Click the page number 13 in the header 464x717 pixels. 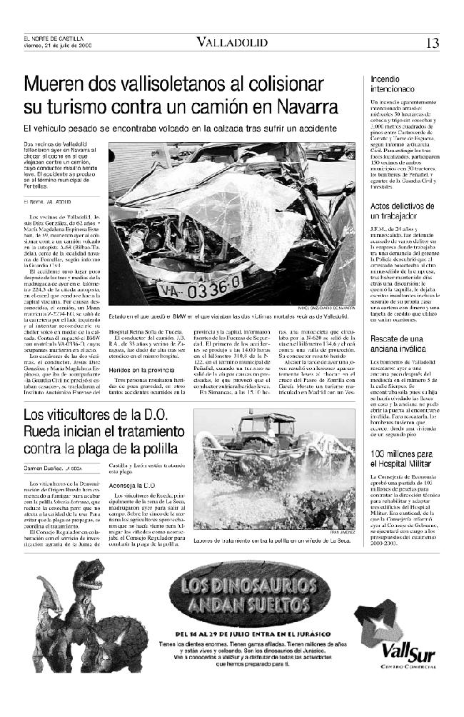[x=433, y=43]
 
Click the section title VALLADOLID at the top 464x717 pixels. [x=233, y=43]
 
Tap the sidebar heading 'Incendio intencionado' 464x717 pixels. [x=393, y=86]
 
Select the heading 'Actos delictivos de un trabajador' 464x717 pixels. [x=400, y=211]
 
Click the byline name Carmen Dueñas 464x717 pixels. [x=43, y=467]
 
